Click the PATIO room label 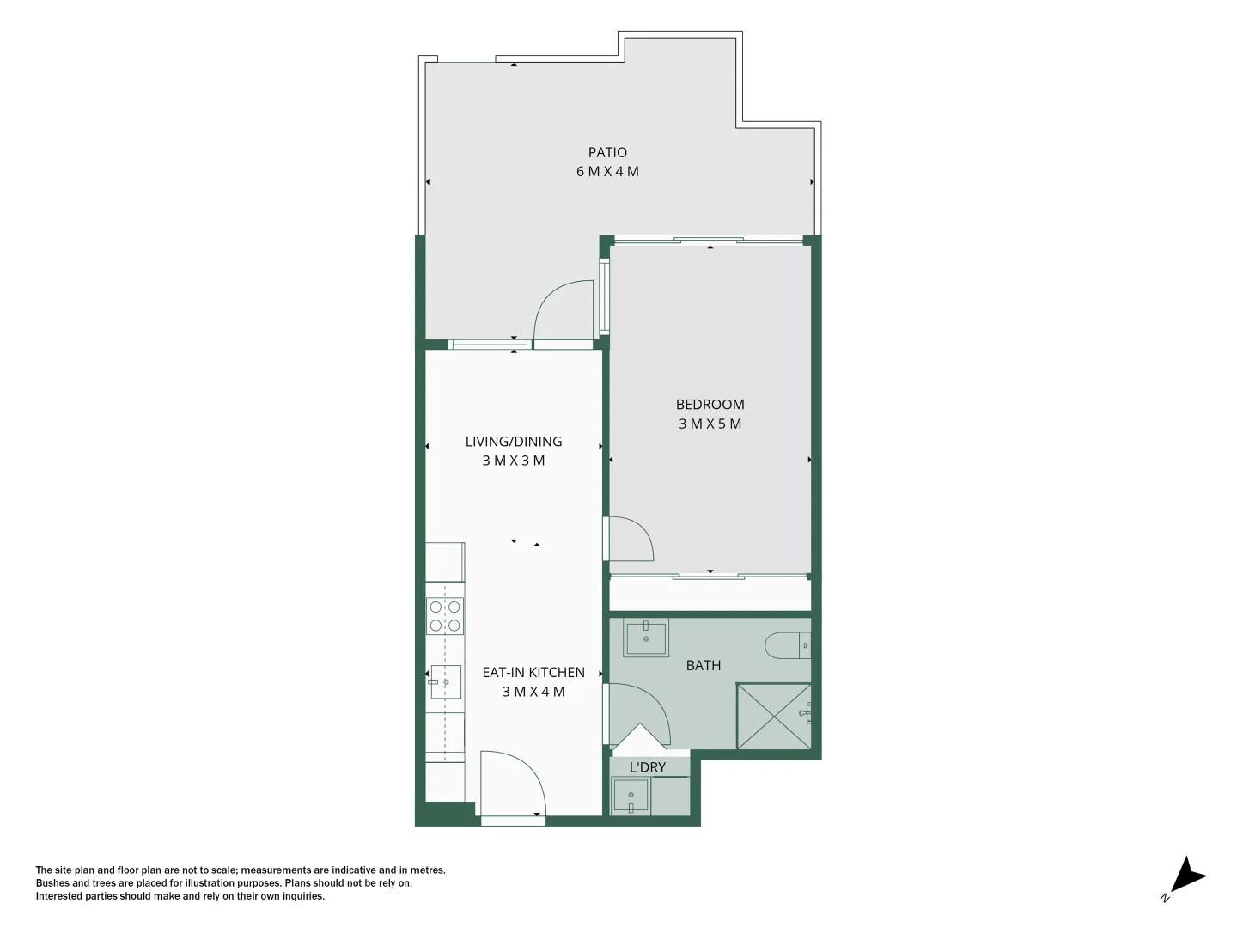(607, 153)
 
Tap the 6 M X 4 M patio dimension (607, 172)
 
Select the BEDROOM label (710, 405)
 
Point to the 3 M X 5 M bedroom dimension (710, 424)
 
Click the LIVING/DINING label (514, 442)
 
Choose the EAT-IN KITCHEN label (533, 673)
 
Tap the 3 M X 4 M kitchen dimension (533, 692)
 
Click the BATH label (704, 665)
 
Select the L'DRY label (648, 768)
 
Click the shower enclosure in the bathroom (773, 716)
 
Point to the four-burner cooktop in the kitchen (446, 616)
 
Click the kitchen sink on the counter (445, 682)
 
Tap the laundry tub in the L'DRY (631, 796)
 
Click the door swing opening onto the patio (564, 312)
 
